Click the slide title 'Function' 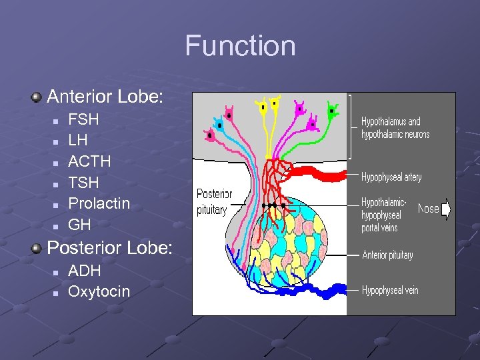click(240, 46)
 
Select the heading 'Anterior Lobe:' click(105, 97)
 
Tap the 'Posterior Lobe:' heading click(109, 248)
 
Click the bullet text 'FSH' click(83, 120)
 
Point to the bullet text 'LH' click(78, 141)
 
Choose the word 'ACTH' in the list click(89, 161)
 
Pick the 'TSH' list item click(83, 183)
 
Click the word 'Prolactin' click(99, 203)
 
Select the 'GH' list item click(79, 225)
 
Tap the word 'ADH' click(85, 271)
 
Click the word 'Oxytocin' click(99, 291)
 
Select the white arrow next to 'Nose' click(446, 209)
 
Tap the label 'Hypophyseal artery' click(391, 177)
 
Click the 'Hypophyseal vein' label click(390, 290)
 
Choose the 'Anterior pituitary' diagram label click(387, 255)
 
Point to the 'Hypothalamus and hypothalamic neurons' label click(395, 127)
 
